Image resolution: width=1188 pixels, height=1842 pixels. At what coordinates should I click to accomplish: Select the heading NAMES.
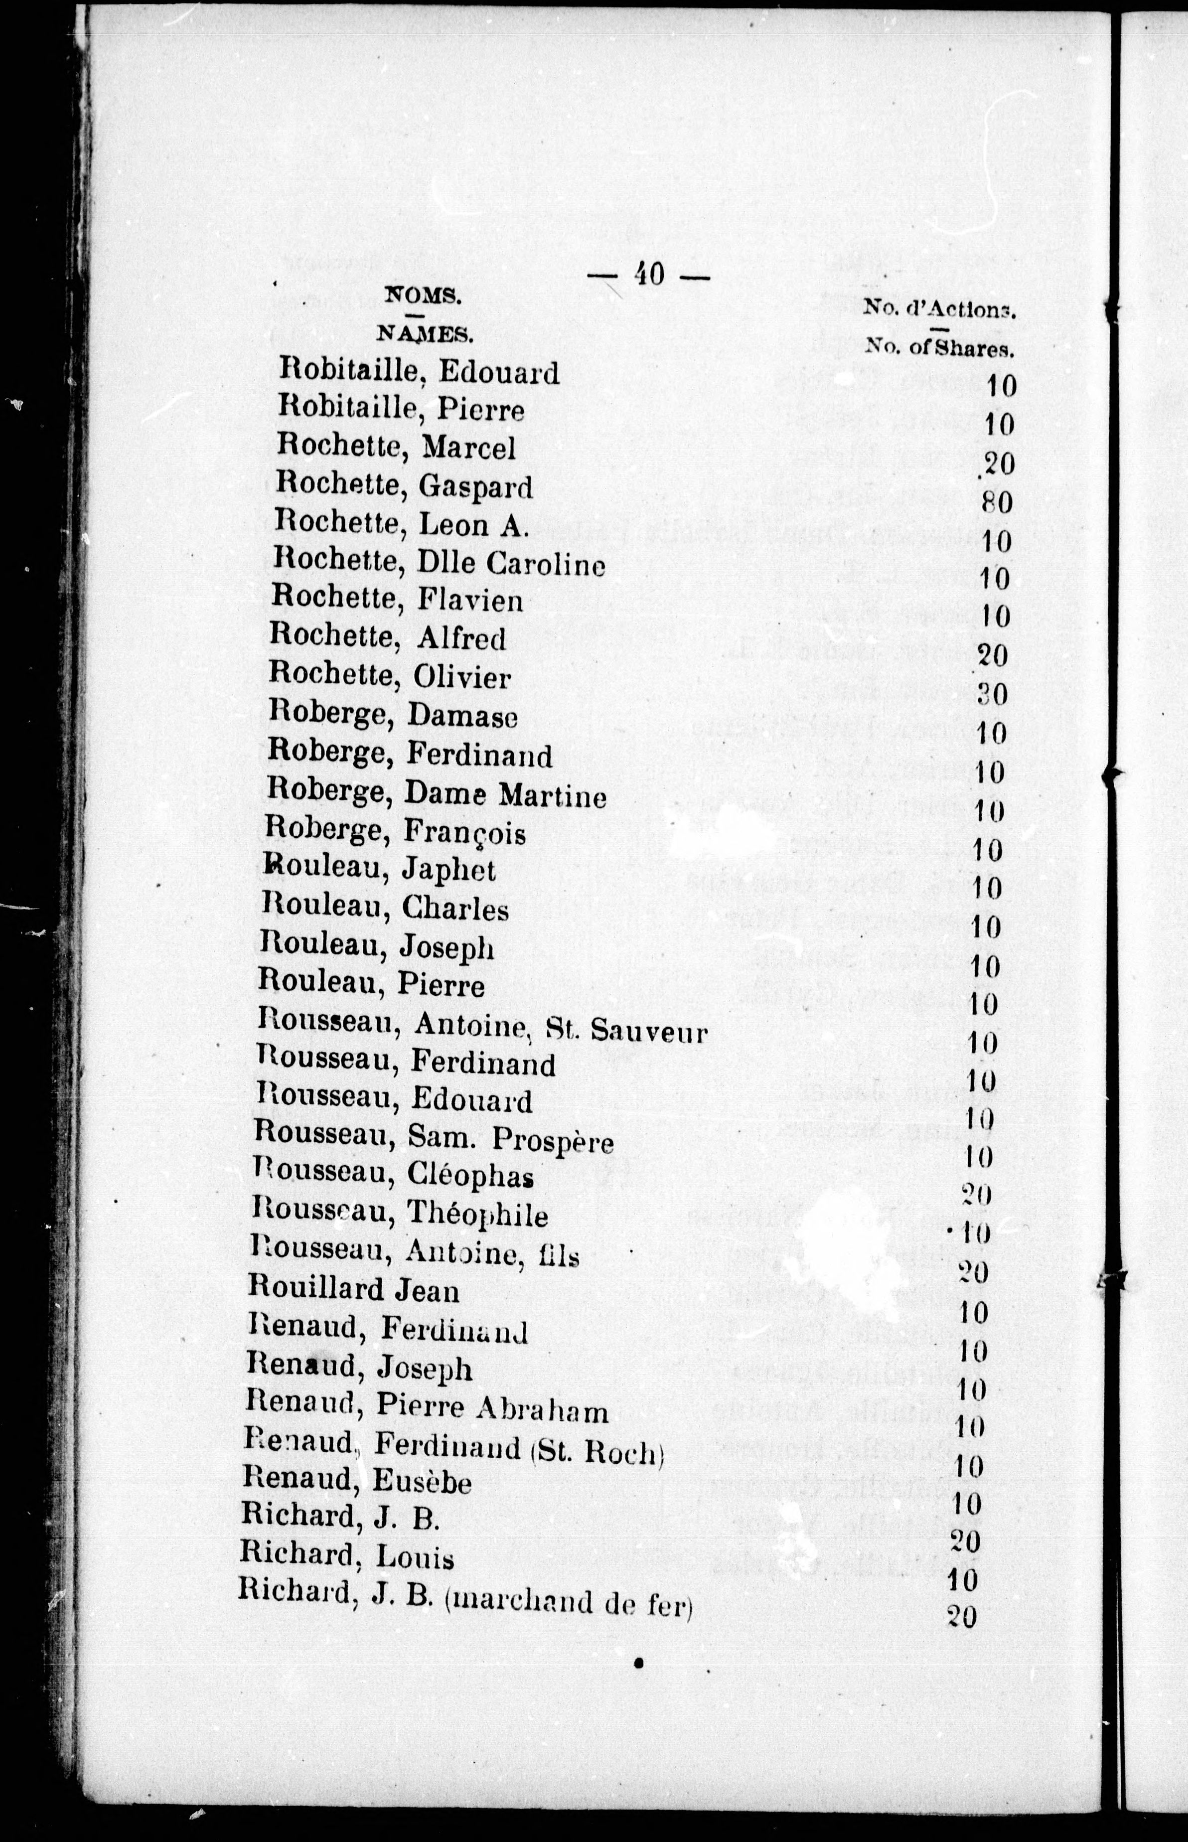click(424, 333)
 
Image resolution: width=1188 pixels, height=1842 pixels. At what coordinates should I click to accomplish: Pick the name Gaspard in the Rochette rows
click(475, 487)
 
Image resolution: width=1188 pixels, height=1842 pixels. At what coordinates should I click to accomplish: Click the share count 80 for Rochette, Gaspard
click(997, 503)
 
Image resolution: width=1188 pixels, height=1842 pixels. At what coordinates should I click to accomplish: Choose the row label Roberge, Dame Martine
click(436, 794)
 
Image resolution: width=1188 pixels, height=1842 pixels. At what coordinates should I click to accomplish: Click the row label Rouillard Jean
click(353, 1290)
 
